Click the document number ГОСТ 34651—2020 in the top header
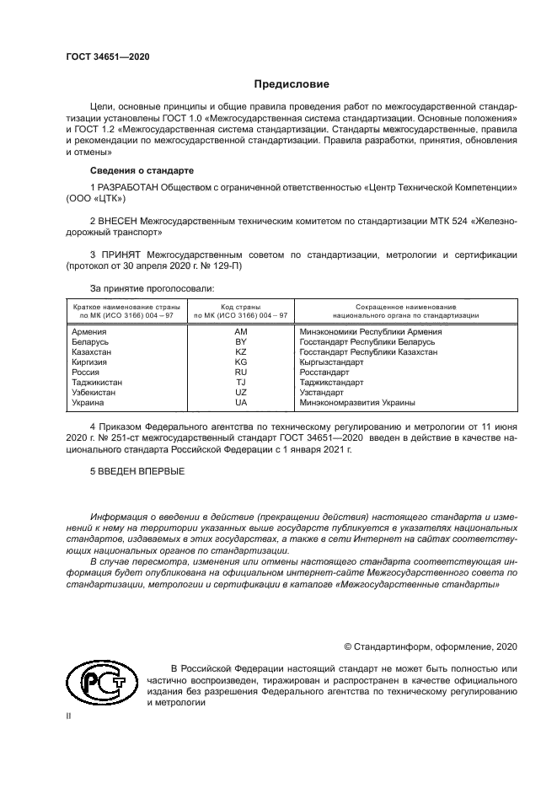coord(108,56)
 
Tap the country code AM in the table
coord(240,332)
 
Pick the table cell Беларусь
coord(90,342)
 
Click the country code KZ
coord(240,352)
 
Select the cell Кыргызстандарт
coord(332,362)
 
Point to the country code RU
coord(240,373)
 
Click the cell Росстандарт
coord(324,373)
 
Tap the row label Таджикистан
coord(97,383)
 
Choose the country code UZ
coord(240,393)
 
